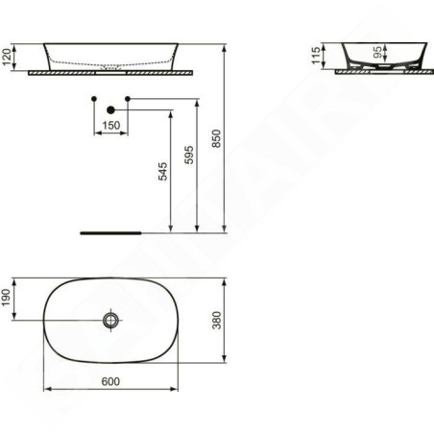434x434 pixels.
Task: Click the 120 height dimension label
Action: click(x=7, y=57)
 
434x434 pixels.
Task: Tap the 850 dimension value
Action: click(x=217, y=138)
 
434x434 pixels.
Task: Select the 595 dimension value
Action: click(x=189, y=155)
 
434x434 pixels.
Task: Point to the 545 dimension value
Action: click(x=163, y=171)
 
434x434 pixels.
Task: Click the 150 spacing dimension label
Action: click(x=111, y=125)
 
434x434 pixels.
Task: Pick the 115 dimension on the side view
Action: click(x=316, y=55)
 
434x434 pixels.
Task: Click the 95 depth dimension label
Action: click(x=377, y=53)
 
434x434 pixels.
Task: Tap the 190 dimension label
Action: click(x=7, y=298)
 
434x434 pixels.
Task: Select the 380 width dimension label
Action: click(x=217, y=320)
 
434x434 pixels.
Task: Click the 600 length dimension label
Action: click(x=110, y=381)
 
